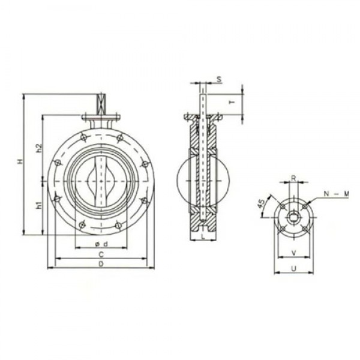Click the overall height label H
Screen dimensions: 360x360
tap(19, 162)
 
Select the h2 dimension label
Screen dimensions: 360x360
tap(38, 148)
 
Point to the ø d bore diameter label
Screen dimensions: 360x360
tap(101, 243)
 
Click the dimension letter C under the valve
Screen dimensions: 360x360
tap(101, 254)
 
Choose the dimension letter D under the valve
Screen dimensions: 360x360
tap(101, 263)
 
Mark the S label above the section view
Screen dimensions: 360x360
tap(219, 79)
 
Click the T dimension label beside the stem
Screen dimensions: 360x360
tap(232, 103)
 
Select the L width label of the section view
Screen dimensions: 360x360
tap(204, 238)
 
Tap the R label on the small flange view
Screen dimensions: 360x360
tap(293, 178)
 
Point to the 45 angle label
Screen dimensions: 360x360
tap(262, 204)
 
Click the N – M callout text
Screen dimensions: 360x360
tap(336, 193)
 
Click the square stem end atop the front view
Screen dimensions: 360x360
tap(101, 102)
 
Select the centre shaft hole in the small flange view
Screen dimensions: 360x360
tap(293, 215)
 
